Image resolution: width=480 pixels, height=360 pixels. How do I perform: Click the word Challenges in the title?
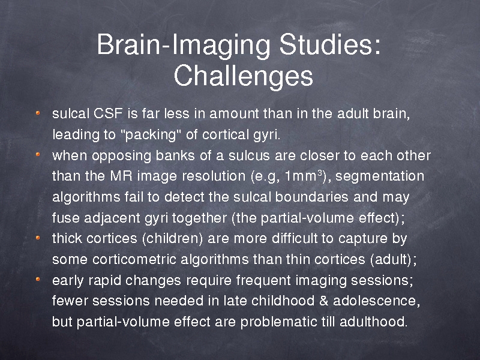[x=244, y=76]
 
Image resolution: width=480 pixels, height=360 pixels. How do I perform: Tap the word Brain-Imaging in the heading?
[x=183, y=46]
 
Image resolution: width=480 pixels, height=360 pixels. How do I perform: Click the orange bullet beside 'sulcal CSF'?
[x=38, y=113]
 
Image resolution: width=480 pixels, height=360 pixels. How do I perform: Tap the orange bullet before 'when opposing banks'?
[x=38, y=154]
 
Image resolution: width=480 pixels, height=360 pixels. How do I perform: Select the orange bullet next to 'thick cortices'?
[x=38, y=238]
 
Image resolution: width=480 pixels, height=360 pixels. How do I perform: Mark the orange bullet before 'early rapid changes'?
[x=38, y=279]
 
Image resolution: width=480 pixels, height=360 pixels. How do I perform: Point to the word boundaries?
[x=311, y=197]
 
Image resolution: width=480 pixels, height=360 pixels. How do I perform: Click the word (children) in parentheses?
[x=172, y=238]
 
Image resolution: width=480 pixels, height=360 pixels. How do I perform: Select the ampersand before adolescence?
[x=323, y=301]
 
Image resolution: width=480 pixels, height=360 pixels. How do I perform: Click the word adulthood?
[x=373, y=322]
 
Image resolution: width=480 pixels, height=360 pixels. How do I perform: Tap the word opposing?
[x=121, y=156]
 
